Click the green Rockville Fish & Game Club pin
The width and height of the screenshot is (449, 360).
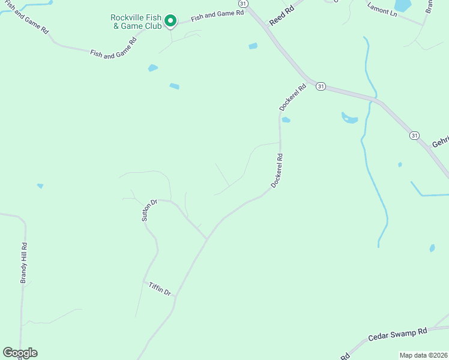(x=170, y=22)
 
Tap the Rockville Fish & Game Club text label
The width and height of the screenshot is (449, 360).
(x=136, y=22)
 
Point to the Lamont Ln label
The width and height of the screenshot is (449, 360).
(x=382, y=10)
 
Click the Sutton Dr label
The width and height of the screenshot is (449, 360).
(x=149, y=211)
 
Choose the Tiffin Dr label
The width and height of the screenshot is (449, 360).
(x=160, y=288)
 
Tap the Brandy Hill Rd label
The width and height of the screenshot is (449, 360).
(x=24, y=263)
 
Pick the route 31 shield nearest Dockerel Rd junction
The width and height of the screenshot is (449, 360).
(x=321, y=86)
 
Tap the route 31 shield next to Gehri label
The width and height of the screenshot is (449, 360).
(x=415, y=136)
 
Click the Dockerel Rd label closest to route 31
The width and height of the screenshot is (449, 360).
(x=293, y=97)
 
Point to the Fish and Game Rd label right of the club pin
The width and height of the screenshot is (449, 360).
(x=218, y=16)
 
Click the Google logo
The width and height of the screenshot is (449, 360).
(x=20, y=353)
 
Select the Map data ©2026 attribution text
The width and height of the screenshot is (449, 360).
(x=424, y=355)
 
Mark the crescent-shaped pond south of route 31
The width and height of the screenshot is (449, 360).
(x=349, y=118)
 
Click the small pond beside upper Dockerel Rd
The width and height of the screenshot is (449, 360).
(x=286, y=120)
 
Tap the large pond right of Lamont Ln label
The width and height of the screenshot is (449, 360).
(x=404, y=5)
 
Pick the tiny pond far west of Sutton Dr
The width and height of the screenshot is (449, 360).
(x=40, y=186)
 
